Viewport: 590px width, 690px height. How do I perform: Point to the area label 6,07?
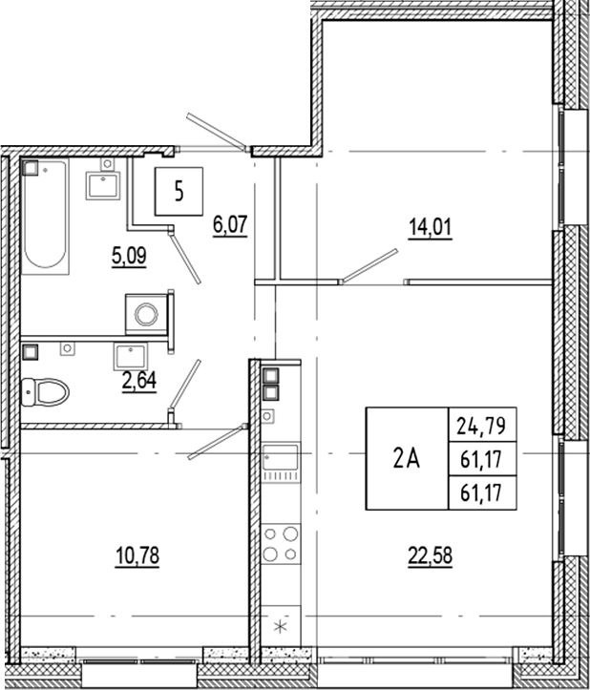[229, 227]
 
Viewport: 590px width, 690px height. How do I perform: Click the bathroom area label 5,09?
[129, 255]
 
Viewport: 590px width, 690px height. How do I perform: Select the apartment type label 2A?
[407, 458]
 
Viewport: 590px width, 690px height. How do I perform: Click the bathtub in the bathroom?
[45, 215]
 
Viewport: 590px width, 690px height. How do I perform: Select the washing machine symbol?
[147, 313]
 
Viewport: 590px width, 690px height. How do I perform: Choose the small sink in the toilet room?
[128, 356]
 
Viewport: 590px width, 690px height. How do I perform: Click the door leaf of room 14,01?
[369, 266]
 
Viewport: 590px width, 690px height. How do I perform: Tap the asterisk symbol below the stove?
[280, 627]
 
